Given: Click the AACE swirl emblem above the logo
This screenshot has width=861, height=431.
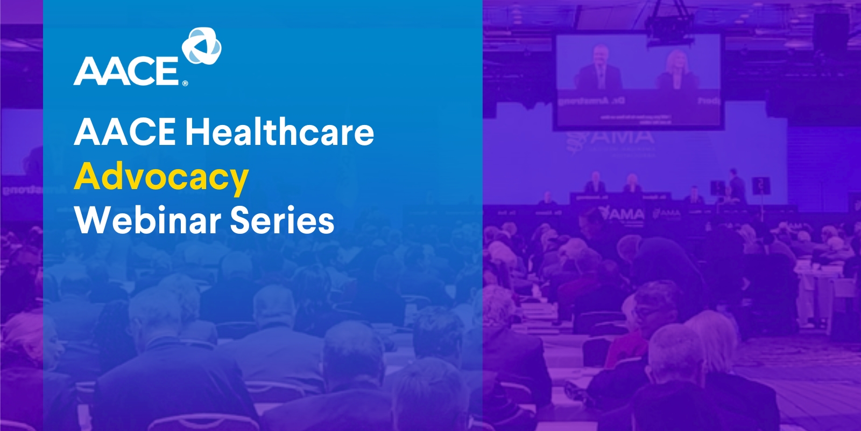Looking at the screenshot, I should pos(202,47).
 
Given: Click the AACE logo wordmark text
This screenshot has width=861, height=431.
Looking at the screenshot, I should pos(126,71).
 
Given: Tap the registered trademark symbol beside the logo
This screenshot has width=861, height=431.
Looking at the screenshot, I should pos(185,84).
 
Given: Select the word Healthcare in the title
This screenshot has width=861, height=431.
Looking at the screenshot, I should pos(279,133).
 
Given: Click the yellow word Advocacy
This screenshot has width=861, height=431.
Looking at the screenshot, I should pos(161,177).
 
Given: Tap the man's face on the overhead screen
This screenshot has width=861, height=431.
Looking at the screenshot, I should pos(599,57).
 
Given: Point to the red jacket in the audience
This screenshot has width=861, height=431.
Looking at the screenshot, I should pos(624,350).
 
